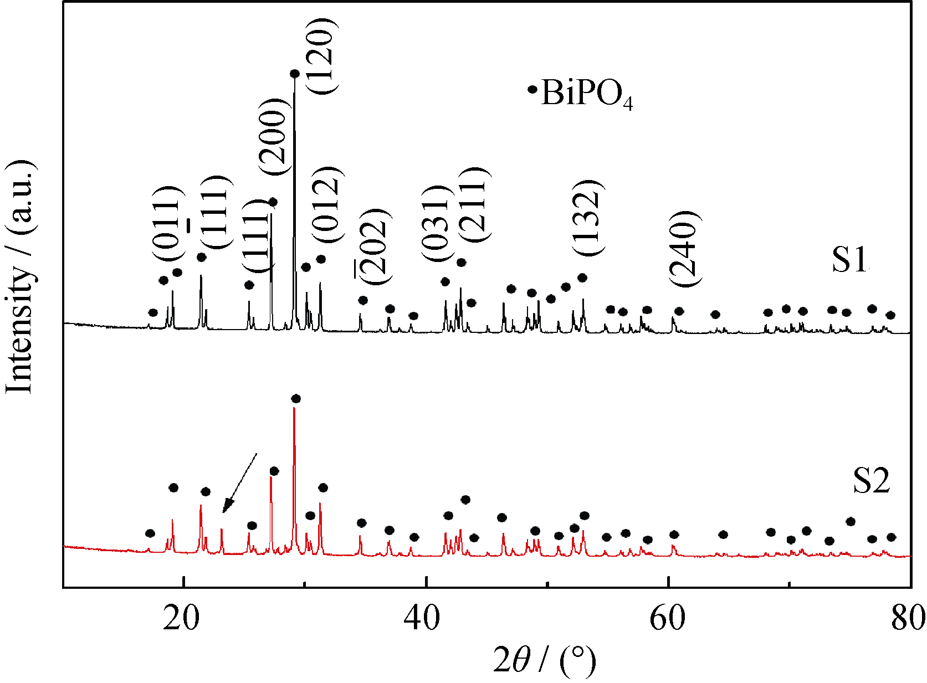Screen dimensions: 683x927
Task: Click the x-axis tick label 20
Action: (x=181, y=618)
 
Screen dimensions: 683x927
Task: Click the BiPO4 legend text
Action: (x=586, y=93)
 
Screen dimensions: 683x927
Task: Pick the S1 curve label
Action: (x=850, y=259)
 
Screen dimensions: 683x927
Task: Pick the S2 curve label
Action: (x=871, y=480)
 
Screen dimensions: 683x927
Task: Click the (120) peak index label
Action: (x=321, y=56)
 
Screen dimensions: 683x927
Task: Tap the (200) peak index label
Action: (x=273, y=137)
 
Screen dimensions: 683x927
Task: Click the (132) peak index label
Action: (x=587, y=218)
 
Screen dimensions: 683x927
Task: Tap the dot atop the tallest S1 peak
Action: (x=295, y=74)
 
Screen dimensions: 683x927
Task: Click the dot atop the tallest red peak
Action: (x=296, y=399)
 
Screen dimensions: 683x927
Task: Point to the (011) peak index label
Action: (x=168, y=224)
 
